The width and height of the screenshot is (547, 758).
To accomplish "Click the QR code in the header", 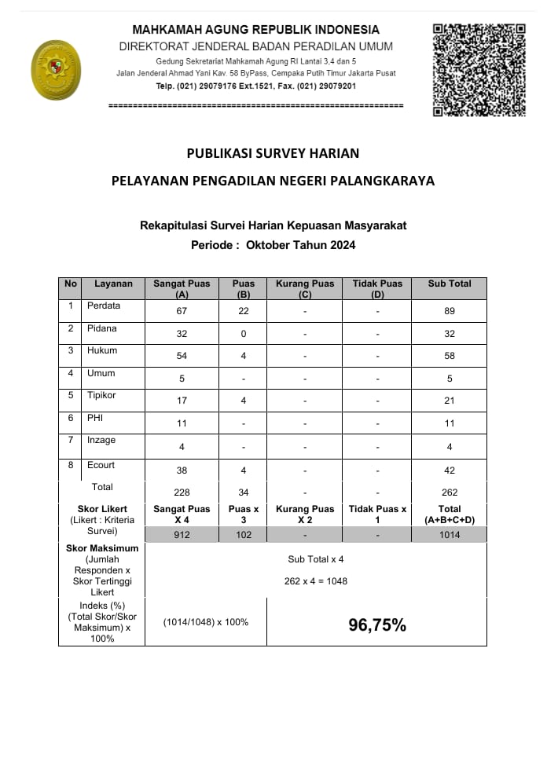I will [x=479, y=70].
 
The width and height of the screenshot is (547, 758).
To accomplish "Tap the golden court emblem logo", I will [x=55, y=70].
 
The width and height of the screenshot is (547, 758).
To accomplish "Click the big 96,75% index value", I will [x=377, y=625].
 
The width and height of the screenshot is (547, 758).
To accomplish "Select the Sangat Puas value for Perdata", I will [x=182, y=311].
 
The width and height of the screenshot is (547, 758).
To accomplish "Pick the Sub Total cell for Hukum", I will [x=450, y=356].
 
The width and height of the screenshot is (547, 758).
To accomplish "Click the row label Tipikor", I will [x=101, y=395].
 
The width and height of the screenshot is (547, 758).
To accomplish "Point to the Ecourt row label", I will [x=101, y=465].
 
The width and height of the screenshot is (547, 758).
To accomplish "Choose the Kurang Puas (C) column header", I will [x=305, y=288].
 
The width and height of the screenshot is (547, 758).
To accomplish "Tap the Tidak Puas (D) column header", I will [x=377, y=288].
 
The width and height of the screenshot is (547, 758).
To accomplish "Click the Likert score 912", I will [x=182, y=535].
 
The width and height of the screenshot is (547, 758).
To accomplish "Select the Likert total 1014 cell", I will [x=450, y=535].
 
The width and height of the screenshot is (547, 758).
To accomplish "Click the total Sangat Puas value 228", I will [x=182, y=493].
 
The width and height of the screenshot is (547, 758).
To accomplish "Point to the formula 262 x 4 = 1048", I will [x=316, y=581].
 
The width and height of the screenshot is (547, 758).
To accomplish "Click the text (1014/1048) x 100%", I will [x=206, y=622].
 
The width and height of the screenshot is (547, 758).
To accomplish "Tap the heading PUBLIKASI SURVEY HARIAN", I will [x=273, y=153].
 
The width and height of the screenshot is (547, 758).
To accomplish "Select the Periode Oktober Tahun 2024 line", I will [x=273, y=245].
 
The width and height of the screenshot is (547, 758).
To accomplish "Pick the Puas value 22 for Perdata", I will [x=244, y=311].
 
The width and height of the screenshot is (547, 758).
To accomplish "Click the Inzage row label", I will [x=101, y=441].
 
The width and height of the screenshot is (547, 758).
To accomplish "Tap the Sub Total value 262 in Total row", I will [x=450, y=493].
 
